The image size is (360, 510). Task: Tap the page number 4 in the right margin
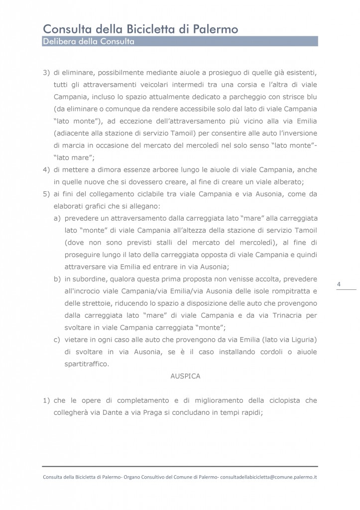pos(339,284)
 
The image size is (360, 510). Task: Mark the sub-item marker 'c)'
pos(57,340)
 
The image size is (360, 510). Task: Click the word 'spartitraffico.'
pos(86,364)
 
